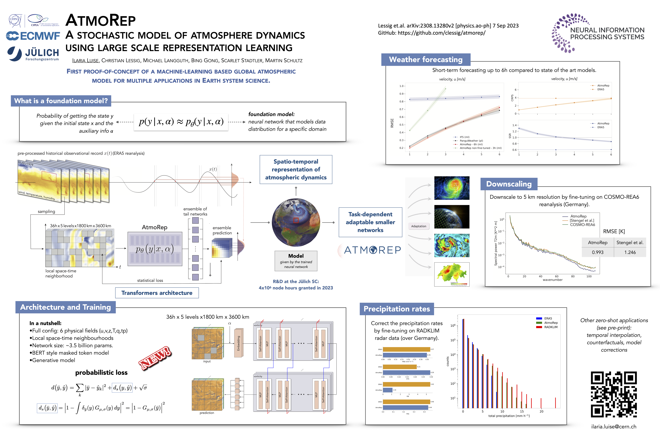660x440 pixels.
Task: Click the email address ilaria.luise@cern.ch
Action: point(614,427)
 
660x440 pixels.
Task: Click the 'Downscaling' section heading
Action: point(509,184)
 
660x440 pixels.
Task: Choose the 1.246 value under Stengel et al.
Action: point(630,252)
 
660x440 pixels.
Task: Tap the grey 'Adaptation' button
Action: point(418,226)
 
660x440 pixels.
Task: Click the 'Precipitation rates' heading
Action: point(396,309)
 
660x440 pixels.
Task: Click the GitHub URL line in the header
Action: point(432,33)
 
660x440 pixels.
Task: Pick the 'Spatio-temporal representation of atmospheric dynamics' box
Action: point(296,169)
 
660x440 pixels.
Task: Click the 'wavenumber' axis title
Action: point(553,280)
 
